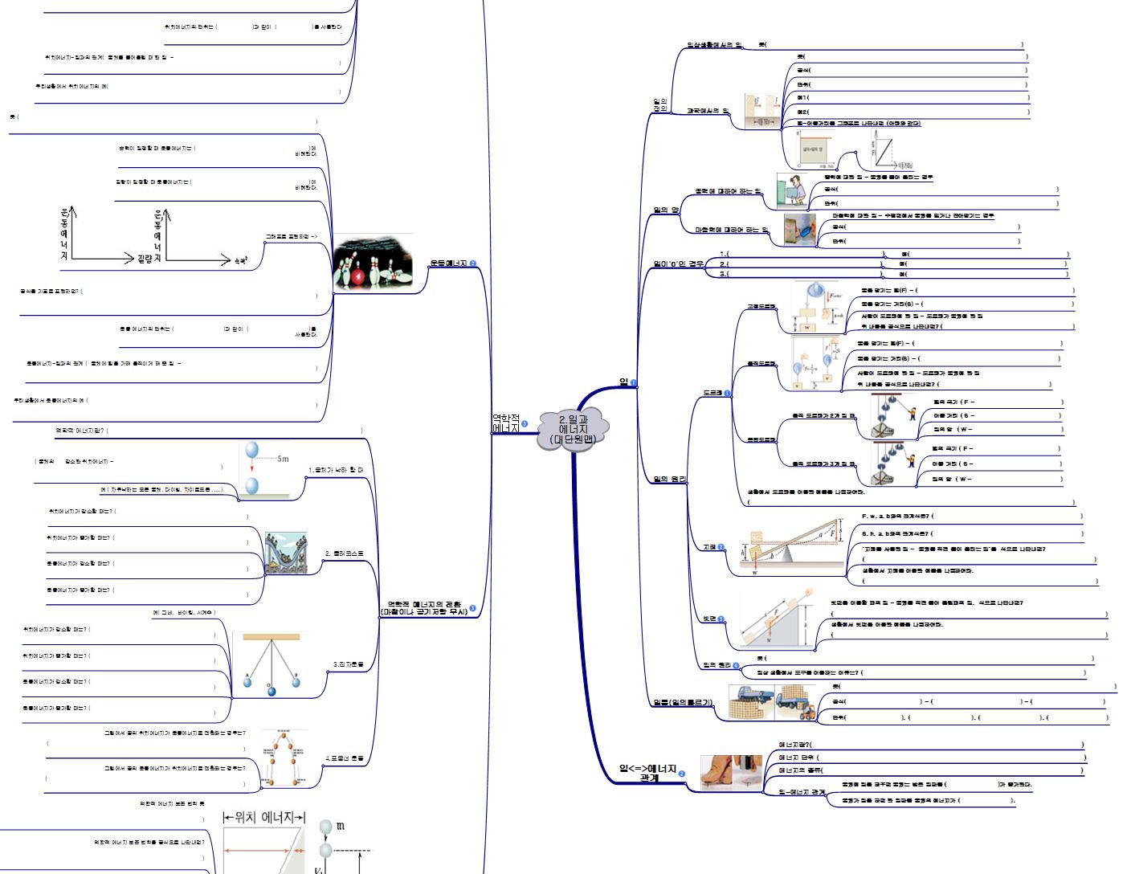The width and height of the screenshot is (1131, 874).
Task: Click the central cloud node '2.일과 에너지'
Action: (573, 429)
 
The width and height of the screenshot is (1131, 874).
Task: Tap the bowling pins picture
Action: (372, 263)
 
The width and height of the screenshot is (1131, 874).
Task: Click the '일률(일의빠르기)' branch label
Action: (682, 703)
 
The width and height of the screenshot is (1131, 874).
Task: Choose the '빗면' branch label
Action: (708, 619)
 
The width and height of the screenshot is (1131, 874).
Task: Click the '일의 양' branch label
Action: (666, 210)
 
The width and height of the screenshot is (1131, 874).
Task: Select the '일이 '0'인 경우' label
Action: (678, 263)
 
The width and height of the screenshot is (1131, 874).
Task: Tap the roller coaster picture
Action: (286, 553)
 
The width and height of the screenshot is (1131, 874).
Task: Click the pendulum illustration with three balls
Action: (271, 664)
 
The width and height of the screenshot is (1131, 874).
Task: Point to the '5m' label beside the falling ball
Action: (282, 459)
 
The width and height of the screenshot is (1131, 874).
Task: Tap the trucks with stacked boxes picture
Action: (772, 702)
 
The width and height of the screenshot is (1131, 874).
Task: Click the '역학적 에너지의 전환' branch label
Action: (424, 607)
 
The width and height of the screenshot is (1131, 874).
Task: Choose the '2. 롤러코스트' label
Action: (344, 553)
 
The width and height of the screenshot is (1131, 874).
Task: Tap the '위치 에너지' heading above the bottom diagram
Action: (264, 817)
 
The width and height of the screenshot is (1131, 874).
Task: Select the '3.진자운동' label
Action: (348, 664)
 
